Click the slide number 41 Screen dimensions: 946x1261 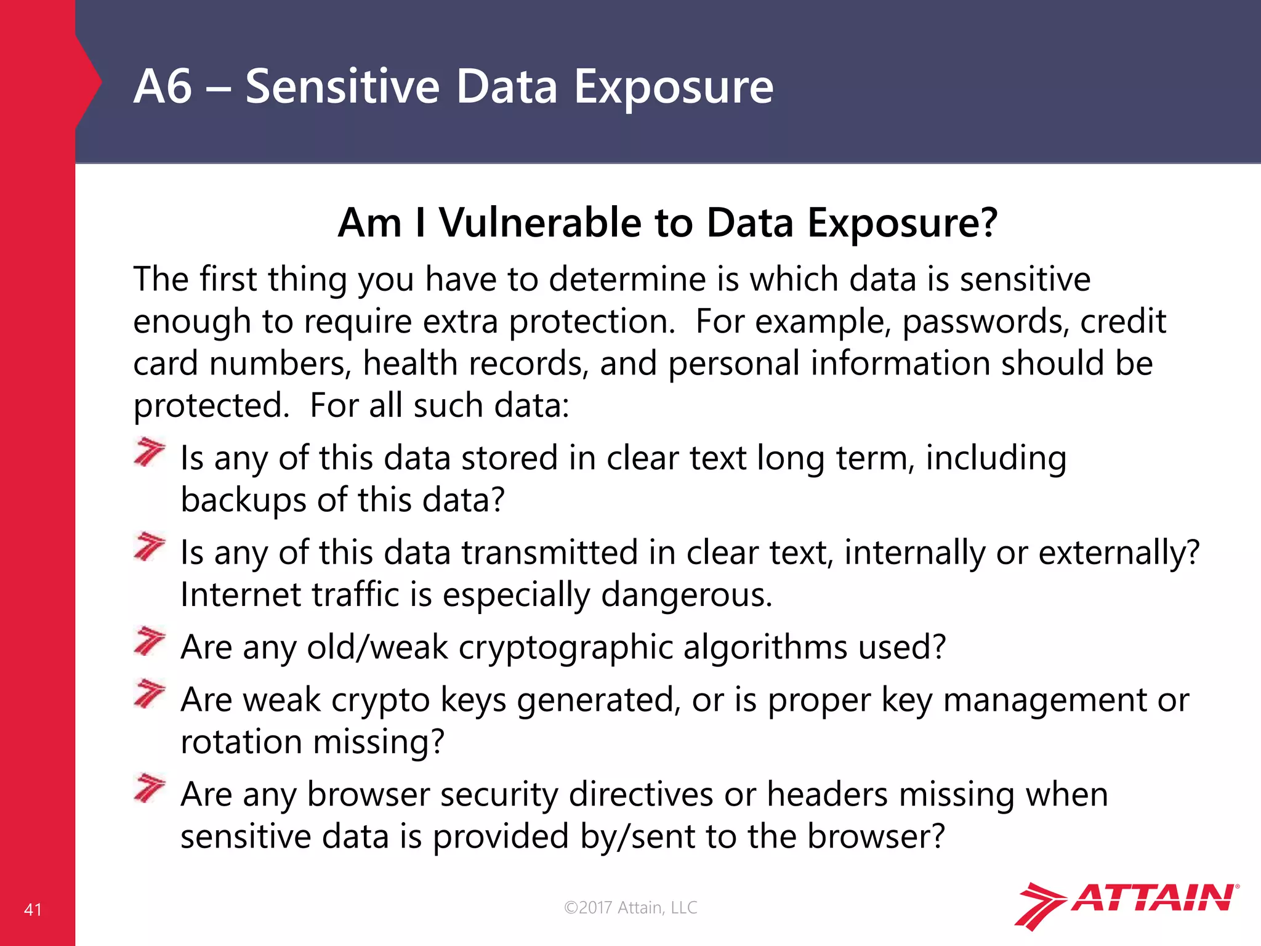tap(33, 910)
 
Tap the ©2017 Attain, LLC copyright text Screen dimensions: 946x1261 tap(630, 907)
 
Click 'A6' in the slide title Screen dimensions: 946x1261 tap(163, 87)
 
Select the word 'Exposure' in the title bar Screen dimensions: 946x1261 tap(674, 87)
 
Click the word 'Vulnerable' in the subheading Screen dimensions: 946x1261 tap(540, 222)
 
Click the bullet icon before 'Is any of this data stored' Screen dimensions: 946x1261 tap(150, 453)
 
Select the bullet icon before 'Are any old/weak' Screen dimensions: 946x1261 tap(150, 642)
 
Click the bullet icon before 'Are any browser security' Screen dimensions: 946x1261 tap(150, 789)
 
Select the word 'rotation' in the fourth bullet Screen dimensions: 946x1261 tap(241, 742)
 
